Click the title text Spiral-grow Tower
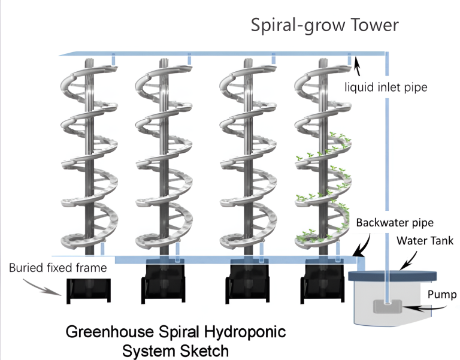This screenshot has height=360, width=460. [x=324, y=26]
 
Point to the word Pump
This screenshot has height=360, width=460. [x=426, y=295]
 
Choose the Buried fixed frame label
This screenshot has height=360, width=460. [x=58, y=268]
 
